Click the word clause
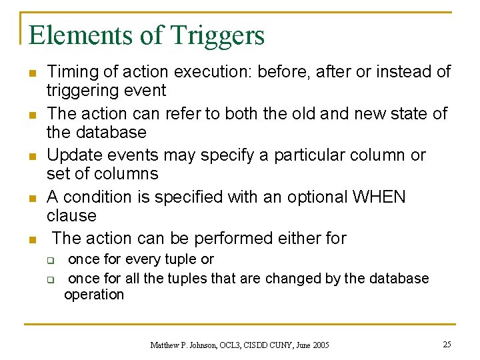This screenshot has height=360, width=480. (x=71, y=215)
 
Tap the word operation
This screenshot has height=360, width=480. (x=94, y=295)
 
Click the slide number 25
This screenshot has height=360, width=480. (x=447, y=344)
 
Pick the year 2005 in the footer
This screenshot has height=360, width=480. (x=319, y=345)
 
